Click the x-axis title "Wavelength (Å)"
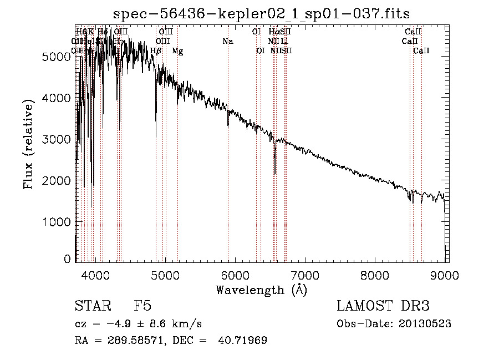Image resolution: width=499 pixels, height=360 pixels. tap(262, 290)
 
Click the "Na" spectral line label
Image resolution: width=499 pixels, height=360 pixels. tap(227, 41)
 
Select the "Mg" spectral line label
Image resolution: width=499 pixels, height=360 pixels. tap(177, 51)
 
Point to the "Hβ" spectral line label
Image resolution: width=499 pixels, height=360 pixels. tap(156, 51)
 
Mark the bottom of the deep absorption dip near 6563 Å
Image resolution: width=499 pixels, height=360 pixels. tap(275, 173)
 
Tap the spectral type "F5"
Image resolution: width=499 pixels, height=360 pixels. tap(142, 307)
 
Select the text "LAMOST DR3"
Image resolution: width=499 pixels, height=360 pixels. tap(383, 307)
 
